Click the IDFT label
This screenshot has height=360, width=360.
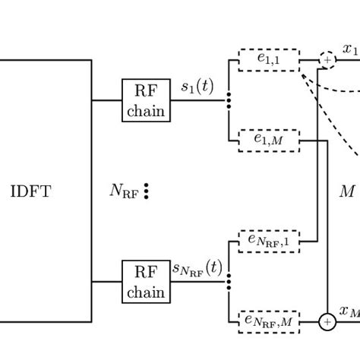tap(30, 191)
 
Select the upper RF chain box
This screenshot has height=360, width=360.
tap(146, 100)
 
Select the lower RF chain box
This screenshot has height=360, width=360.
tap(146, 282)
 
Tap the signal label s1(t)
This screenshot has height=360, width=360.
tap(197, 87)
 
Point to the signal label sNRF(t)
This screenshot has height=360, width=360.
tap(197, 268)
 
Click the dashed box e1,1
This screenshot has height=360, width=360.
tap(269, 60)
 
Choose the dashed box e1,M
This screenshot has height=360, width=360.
tap(269, 141)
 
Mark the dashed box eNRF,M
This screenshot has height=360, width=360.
tap(269, 322)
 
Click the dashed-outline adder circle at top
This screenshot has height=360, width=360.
tap(327, 60)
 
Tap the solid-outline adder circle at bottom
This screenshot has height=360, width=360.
tap(327, 322)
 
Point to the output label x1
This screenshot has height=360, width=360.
tap(350, 49)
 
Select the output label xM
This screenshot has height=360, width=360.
tap(349, 311)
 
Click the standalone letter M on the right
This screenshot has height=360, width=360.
tap(347, 191)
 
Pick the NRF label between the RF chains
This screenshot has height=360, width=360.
tap(124, 191)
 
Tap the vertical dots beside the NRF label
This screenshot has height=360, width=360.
tap(146, 191)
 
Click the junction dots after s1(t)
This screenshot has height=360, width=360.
tap(229, 100)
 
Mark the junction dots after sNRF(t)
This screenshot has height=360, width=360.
tap(229, 282)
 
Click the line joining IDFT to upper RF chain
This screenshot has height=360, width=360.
tap(107, 100)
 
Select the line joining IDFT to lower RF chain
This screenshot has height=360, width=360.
tap(107, 282)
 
